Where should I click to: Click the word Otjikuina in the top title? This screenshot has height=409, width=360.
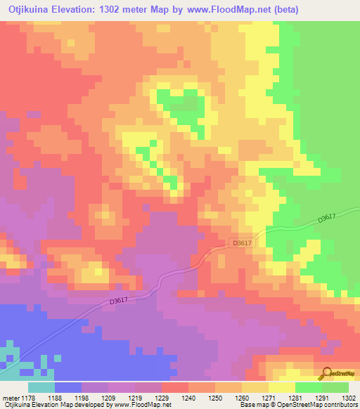click(28, 10)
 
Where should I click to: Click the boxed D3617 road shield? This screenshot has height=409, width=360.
click(241, 243)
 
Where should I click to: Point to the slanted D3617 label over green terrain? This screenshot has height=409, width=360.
click(328, 219)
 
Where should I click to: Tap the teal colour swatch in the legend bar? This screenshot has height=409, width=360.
click(41, 387)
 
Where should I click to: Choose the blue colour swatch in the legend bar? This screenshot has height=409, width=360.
click(68, 387)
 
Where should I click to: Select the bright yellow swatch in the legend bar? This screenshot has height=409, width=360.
click(282, 387)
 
